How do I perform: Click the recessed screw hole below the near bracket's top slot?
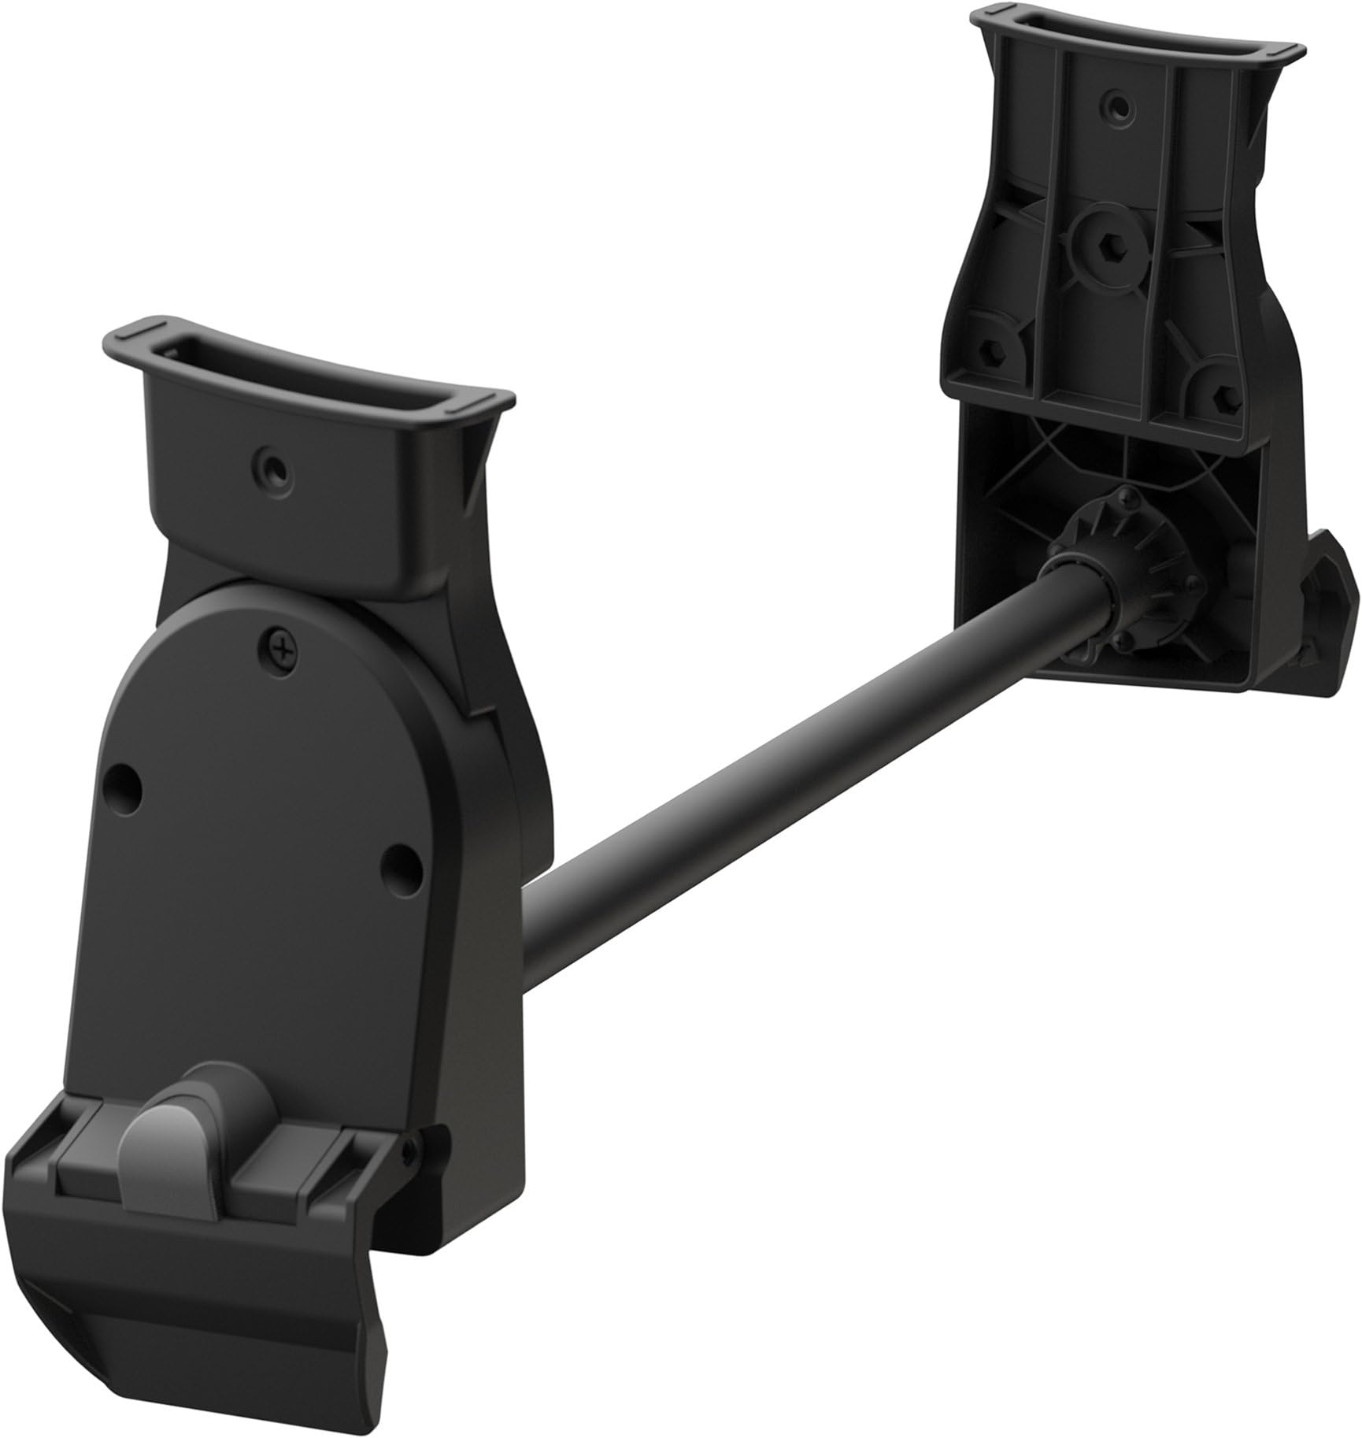pyautogui.click(x=271, y=468)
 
